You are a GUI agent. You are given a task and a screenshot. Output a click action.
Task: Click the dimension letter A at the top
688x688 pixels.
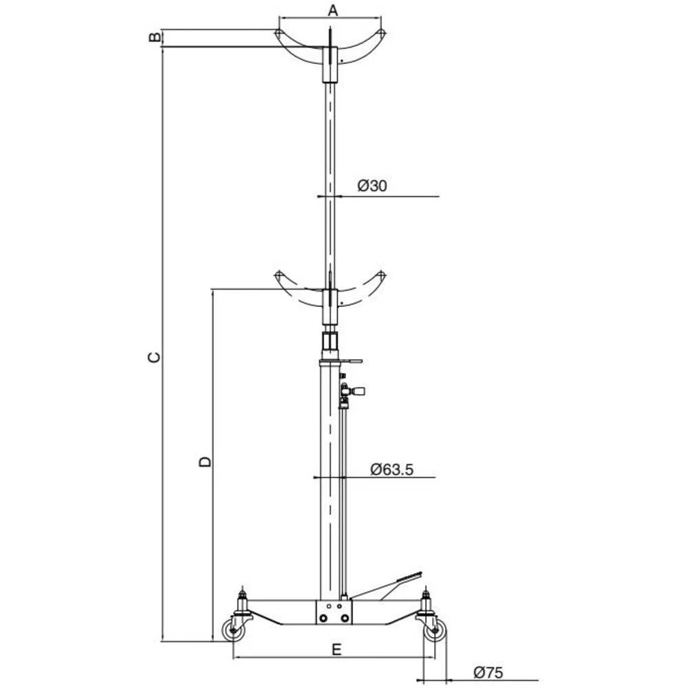pos(332,10)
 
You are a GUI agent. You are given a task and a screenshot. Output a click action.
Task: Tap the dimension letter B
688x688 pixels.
pos(154,37)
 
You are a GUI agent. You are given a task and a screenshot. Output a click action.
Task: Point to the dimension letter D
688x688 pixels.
pos(204,462)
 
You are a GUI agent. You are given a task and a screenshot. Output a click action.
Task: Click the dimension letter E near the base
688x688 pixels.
pos(335,649)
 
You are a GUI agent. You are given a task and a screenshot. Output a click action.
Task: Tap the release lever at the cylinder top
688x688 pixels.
pos(351,359)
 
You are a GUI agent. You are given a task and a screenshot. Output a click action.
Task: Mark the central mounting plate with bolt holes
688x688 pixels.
pos(333,612)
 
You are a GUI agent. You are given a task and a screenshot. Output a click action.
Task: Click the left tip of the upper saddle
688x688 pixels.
pos(277,34)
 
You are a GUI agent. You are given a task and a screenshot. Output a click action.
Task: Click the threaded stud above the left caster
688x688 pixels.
pos(241,594)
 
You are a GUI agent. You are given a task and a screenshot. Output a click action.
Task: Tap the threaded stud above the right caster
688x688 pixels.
pos(426,594)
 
